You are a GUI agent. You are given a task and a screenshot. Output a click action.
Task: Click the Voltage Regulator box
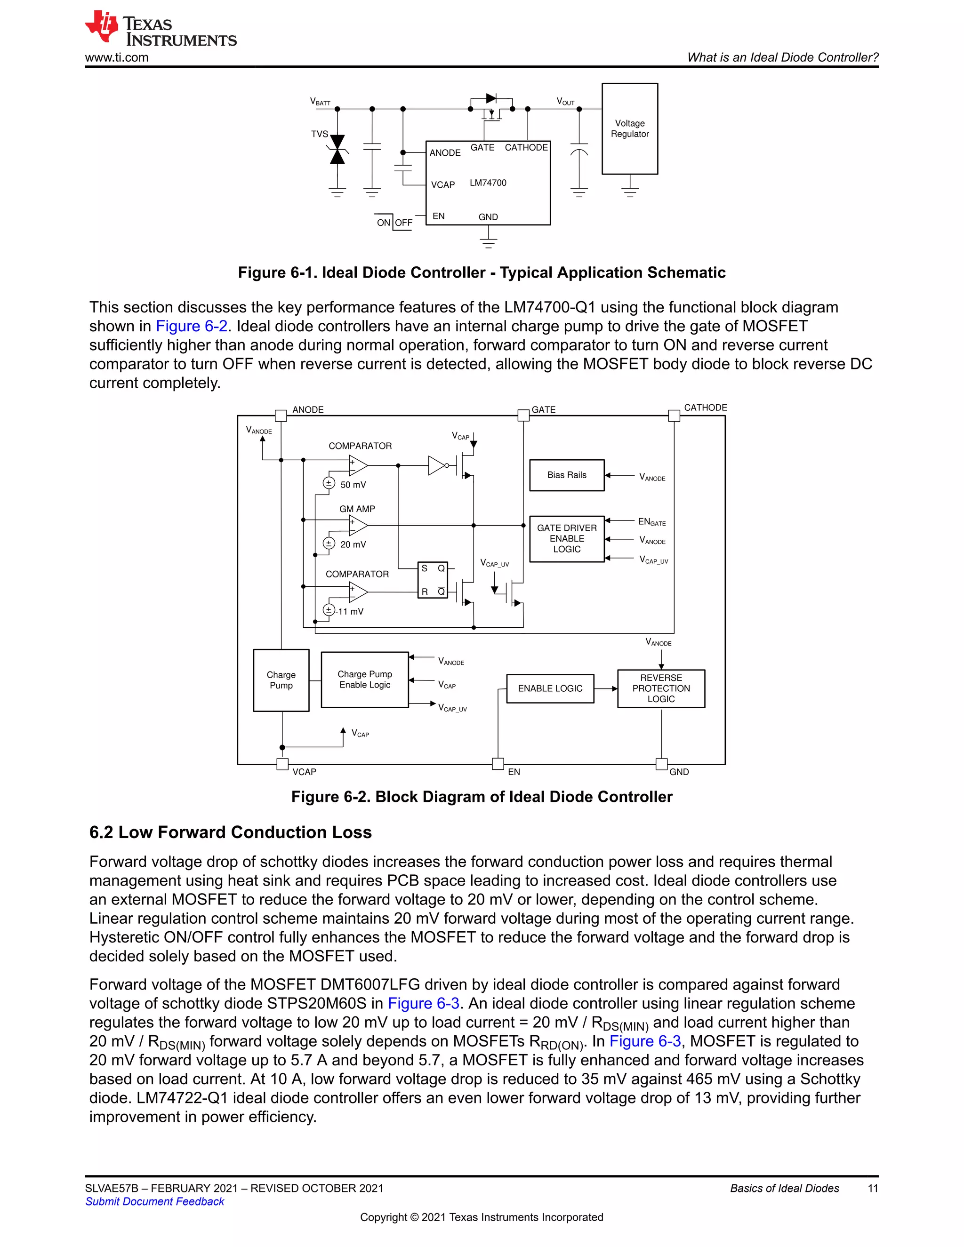(x=629, y=128)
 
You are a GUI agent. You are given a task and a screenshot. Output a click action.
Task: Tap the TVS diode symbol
(x=337, y=149)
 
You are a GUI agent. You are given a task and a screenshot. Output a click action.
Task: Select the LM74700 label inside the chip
(x=488, y=183)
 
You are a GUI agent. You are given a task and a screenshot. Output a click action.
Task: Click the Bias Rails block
(x=567, y=475)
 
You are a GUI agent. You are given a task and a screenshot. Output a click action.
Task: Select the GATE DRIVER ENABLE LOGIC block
(x=567, y=538)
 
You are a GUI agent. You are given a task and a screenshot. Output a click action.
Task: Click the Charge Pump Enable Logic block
(x=364, y=679)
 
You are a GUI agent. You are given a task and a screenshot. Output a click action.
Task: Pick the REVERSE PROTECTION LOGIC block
(x=661, y=688)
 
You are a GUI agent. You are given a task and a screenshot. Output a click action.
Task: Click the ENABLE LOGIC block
(x=550, y=688)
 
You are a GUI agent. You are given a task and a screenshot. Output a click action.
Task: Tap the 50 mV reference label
(x=353, y=485)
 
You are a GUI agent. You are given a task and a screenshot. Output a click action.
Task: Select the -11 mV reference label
(x=350, y=612)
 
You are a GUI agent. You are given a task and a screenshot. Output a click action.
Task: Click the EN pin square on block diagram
(x=498, y=763)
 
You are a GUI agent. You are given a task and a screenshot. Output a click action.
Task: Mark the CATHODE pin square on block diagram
(x=674, y=416)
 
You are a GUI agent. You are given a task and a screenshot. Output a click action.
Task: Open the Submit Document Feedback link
(x=155, y=1201)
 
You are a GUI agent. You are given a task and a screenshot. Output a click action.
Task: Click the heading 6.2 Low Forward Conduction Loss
(x=230, y=832)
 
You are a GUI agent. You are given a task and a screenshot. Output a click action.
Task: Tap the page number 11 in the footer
(x=873, y=1188)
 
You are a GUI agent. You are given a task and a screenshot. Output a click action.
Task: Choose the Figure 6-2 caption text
(x=482, y=797)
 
